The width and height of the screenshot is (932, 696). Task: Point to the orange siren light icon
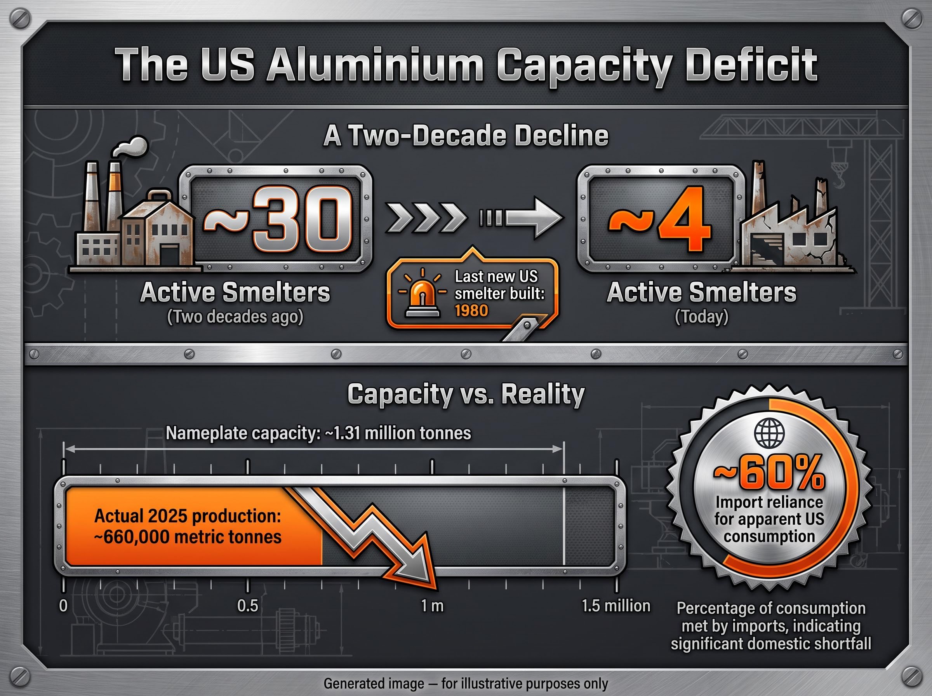click(422, 293)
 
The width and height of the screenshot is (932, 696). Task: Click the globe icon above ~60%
click(769, 433)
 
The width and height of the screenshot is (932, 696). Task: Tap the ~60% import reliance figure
click(769, 473)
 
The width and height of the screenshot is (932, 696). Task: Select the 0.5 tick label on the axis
click(248, 606)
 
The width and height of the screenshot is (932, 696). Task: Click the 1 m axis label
click(432, 606)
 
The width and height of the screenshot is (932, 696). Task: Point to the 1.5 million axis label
click(616, 606)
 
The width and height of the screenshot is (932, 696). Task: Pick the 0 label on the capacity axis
click(63, 606)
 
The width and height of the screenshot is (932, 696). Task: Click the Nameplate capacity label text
click(318, 433)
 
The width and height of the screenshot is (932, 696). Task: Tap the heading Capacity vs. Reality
click(466, 394)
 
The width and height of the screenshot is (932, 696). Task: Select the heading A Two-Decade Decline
click(466, 136)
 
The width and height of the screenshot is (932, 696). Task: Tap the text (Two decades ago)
click(235, 317)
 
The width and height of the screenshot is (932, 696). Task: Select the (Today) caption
click(702, 317)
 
